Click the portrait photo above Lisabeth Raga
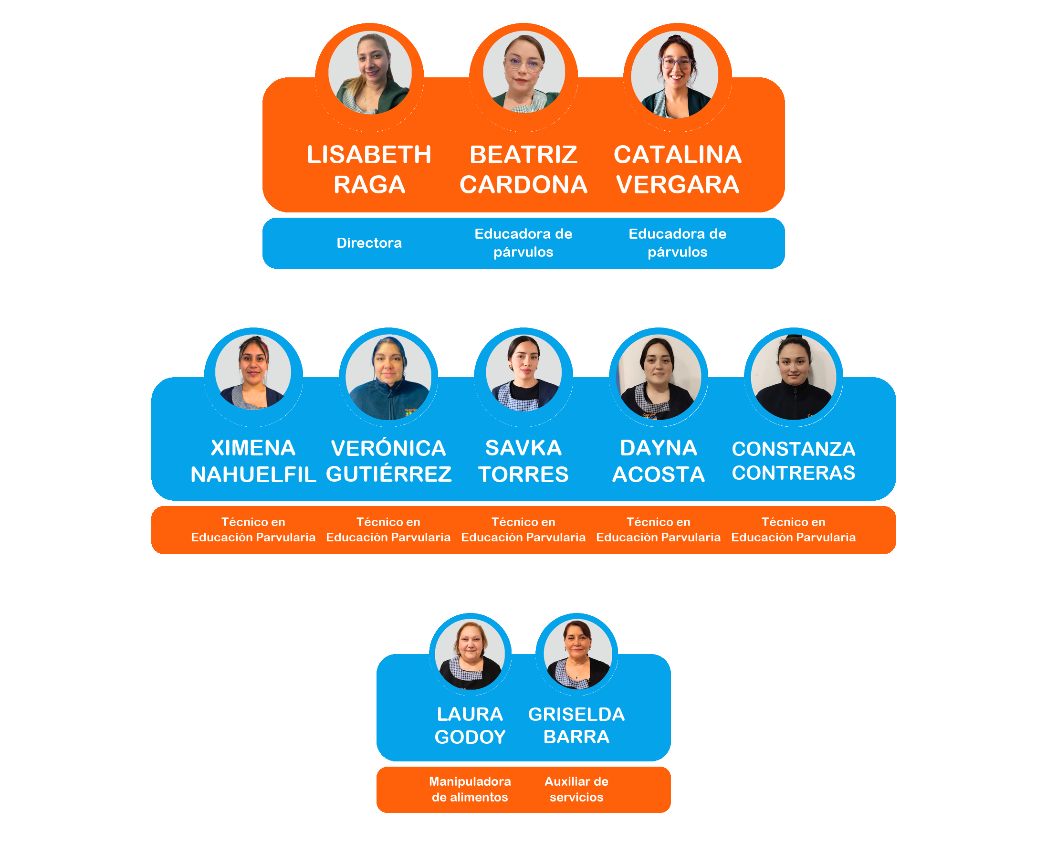pyautogui.click(x=370, y=73)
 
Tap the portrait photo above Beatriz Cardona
pyautogui.click(x=523, y=73)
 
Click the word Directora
pyautogui.click(x=369, y=243)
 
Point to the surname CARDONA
pyautogui.click(x=523, y=185)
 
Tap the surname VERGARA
pyautogui.click(x=678, y=185)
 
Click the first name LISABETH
pyautogui.click(x=369, y=155)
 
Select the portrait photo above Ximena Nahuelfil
pyautogui.click(x=253, y=372)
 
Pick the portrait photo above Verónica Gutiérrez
pyautogui.click(x=388, y=377)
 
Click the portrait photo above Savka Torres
pyautogui.click(x=523, y=373)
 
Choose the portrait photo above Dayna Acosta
pyautogui.click(x=659, y=377)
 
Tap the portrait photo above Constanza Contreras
pyautogui.click(x=794, y=377)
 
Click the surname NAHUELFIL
pyautogui.click(x=253, y=475)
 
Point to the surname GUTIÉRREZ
pyautogui.click(x=388, y=474)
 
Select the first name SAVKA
pyautogui.click(x=523, y=448)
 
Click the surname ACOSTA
pyautogui.click(x=659, y=475)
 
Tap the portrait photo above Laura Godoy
pyautogui.click(x=470, y=654)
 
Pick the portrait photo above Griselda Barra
pyautogui.click(x=576, y=654)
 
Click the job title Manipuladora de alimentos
pyautogui.click(x=470, y=789)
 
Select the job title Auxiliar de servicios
pyautogui.click(x=576, y=789)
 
